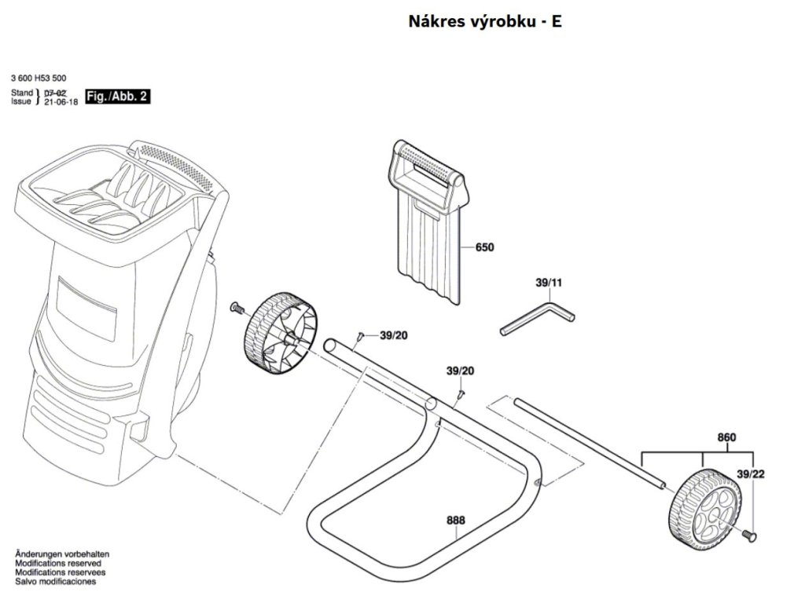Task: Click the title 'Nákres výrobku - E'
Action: pyautogui.click(x=484, y=21)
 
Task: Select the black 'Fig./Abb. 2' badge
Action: pyautogui.click(x=116, y=97)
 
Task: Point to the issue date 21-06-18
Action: pyautogui.click(x=61, y=102)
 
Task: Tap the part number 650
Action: pyautogui.click(x=484, y=247)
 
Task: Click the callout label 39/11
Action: pyautogui.click(x=549, y=283)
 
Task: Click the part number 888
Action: pyautogui.click(x=455, y=521)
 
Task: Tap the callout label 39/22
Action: pyautogui.click(x=751, y=473)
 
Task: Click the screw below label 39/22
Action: pyautogui.click(x=750, y=535)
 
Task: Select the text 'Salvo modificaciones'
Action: pyautogui.click(x=55, y=582)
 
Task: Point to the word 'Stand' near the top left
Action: pyautogui.click(x=22, y=93)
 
